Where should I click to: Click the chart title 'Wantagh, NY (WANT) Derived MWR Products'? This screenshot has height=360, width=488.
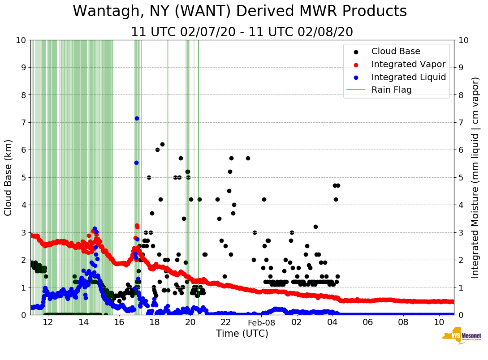tap(240, 11)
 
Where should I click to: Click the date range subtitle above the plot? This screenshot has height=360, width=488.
tap(242, 32)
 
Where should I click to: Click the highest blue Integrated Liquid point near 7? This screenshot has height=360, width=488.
tap(137, 118)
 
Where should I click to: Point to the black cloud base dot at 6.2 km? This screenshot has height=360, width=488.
tap(162, 144)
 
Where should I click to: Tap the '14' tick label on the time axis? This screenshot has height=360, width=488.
tap(84, 322)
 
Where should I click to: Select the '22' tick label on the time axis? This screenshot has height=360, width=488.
tap(225, 322)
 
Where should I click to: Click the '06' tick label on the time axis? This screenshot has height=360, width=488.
tap(368, 322)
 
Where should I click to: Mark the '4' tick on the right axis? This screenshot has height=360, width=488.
tap(460, 205)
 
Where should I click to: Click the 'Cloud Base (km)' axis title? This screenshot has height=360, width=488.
tap(9, 177)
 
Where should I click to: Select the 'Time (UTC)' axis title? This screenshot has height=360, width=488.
tap(242, 334)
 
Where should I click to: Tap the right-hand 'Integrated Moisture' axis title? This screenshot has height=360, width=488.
tap(475, 177)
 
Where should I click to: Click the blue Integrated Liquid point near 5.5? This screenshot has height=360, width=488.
tap(136, 163)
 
